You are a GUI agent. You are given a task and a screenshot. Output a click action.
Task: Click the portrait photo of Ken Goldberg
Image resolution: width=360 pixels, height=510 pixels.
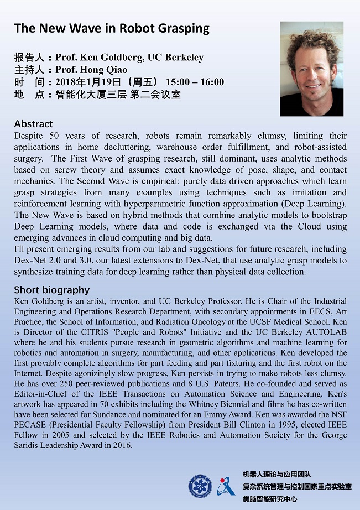311,69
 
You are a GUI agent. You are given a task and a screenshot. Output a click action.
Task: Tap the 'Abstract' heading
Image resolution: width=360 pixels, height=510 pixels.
33,123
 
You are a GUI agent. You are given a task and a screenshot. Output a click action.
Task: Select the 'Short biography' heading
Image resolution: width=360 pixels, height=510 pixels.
51,290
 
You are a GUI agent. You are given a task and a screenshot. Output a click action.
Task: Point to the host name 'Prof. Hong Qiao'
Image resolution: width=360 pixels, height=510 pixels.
91,70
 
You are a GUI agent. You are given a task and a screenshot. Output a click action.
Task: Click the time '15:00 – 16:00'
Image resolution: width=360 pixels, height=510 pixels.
195,82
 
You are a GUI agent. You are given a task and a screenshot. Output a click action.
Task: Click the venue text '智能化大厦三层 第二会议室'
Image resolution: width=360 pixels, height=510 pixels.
118,95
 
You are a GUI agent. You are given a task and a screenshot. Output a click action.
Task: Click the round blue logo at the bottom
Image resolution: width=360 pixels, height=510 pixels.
200,486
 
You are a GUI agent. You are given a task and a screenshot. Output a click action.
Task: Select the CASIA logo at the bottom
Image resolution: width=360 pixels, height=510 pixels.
226,486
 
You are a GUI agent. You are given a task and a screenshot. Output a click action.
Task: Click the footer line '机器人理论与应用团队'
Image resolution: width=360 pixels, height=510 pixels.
276,474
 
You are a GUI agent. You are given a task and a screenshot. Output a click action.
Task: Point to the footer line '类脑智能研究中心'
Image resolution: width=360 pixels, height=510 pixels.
269,498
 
